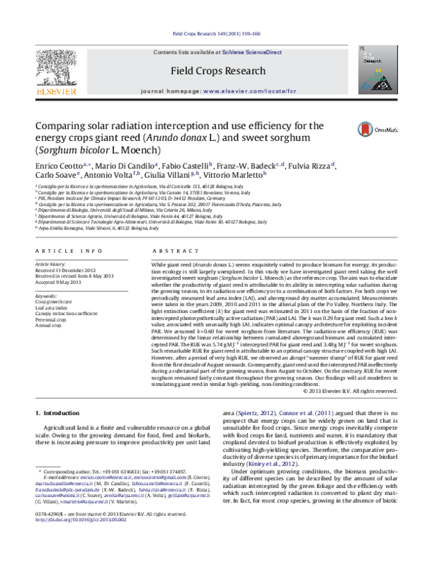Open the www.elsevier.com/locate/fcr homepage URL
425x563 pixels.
(244, 92)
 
